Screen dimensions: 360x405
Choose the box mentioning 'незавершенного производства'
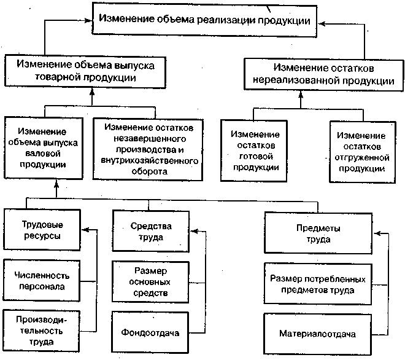(149, 147)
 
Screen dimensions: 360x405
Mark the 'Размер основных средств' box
(150, 282)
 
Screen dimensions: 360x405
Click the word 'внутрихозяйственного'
(150, 160)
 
